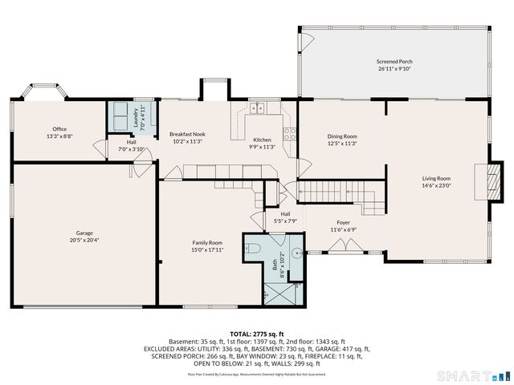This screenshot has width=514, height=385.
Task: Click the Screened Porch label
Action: tap(394, 62)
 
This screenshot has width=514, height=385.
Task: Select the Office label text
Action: tap(59, 129)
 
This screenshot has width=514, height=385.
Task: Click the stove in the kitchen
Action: tap(290, 133)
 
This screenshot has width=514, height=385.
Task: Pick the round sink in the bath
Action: tap(298, 252)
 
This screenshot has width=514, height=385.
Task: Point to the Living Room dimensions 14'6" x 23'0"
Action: tap(437, 186)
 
